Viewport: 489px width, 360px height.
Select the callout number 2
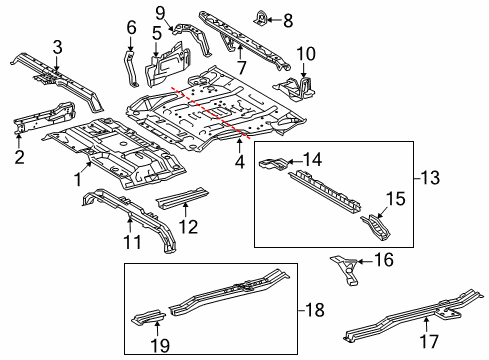pos(19,156)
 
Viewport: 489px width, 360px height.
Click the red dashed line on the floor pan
pos(210,110)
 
